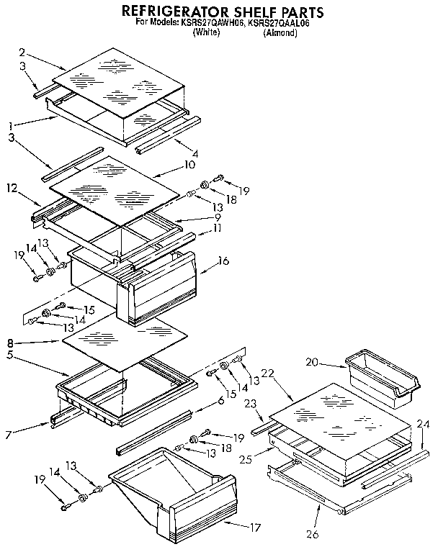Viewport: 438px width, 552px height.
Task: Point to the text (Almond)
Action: click(280, 33)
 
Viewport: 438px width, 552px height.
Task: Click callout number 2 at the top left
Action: click(22, 52)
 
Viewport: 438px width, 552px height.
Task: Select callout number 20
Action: click(310, 363)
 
